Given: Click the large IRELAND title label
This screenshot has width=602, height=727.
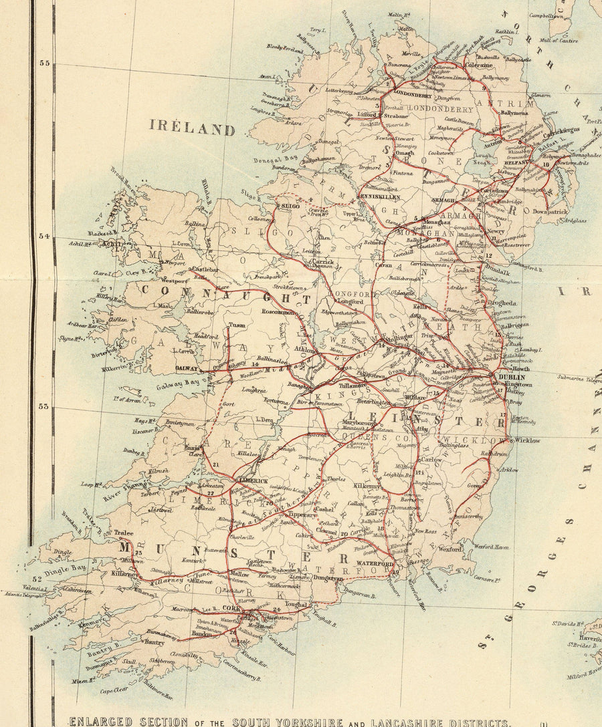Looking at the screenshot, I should click(x=192, y=127).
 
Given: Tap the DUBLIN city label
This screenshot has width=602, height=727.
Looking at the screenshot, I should click(x=512, y=378).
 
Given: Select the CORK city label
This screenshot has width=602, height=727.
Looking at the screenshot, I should click(x=231, y=609).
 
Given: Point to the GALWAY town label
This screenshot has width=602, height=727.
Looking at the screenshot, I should click(x=186, y=368).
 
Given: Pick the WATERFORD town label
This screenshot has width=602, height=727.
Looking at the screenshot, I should click(x=378, y=564).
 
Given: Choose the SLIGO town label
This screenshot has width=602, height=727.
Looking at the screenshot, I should click(x=289, y=208).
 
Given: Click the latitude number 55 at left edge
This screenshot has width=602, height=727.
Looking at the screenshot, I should click(x=45, y=63).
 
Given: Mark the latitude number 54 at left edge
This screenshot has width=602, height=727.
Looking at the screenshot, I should click(x=45, y=237).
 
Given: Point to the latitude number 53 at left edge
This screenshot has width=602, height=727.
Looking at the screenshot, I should click(x=45, y=406).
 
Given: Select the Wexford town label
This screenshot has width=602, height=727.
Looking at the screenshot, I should click(x=449, y=549).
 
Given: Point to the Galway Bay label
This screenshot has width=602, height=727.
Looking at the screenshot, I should click(x=182, y=383).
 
